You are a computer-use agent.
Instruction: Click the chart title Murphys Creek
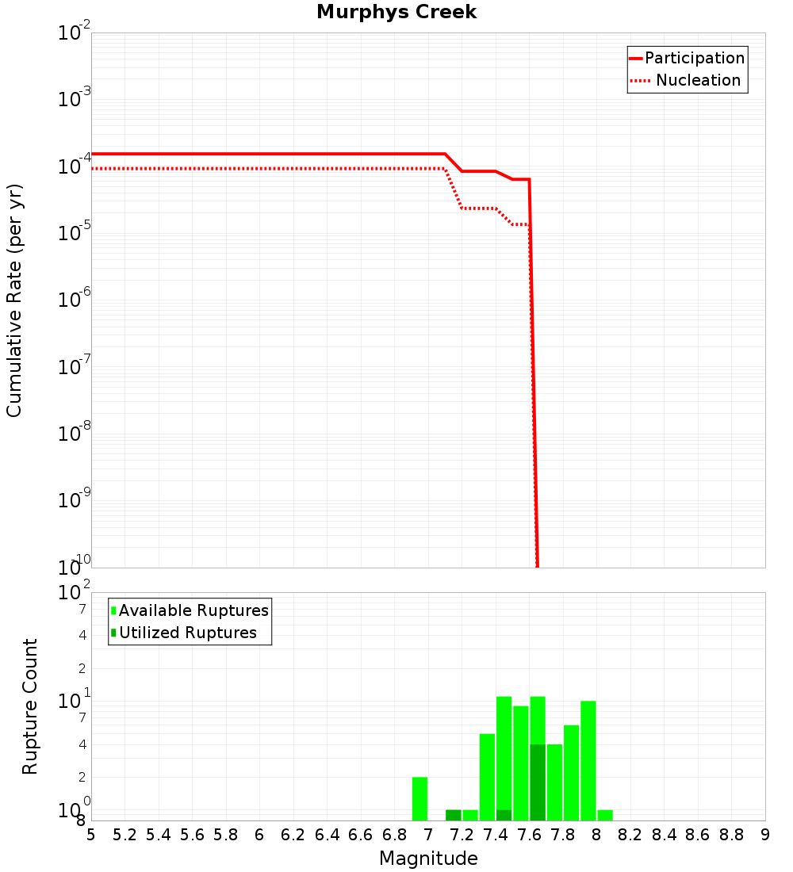[x=396, y=13]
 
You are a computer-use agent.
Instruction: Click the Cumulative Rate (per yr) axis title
[x=14, y=300]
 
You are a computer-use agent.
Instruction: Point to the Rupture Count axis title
[x=30, y=706]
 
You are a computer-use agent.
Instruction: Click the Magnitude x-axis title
[x=428, y=859]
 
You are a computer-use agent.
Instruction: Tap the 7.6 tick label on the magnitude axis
[x=529, y=835]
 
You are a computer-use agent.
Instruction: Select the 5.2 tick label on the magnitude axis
[x=125, y=835]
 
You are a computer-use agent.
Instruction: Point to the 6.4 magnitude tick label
[x=327, y=835]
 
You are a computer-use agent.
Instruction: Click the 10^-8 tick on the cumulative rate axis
[x=74, y=434]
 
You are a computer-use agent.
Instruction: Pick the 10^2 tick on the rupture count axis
[x=74, y=592]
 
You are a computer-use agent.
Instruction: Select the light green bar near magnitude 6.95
[x=419, y=798]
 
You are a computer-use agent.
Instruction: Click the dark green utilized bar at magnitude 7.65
[x=537, y=782]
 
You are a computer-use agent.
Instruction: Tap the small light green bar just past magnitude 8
[x=605, y=815]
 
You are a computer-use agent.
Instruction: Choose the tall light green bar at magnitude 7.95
[x=588, y=760]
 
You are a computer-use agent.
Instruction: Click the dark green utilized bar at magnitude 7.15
[x=453, y=815]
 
